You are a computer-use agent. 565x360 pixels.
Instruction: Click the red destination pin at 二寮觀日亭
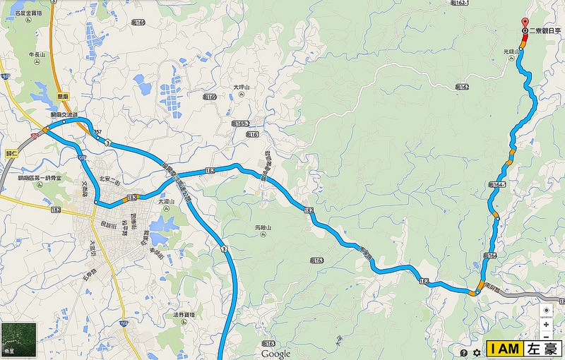pos(523,23)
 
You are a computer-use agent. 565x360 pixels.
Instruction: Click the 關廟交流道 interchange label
pos(64,114)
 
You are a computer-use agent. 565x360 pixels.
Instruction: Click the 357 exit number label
pos(97,132)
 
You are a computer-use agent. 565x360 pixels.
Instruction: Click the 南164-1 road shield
pos(497,184)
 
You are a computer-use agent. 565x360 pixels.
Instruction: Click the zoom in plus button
pos(547,324)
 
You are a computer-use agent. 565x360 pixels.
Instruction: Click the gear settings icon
pos(477,351)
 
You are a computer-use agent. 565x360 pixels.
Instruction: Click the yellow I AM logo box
pos(504,349)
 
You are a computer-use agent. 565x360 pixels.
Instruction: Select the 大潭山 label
pos(165,201)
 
